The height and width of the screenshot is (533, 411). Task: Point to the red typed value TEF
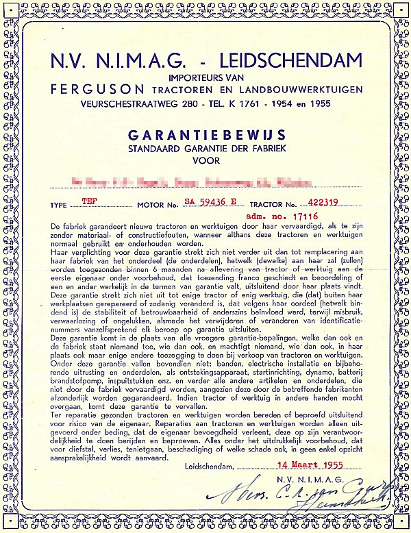[89, 201]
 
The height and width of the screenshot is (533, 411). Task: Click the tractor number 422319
[336, 202]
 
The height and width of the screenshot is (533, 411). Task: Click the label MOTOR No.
[158, 205]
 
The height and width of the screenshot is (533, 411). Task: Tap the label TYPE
[60, 205]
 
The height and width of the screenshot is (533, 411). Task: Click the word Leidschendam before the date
[208, 467]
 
